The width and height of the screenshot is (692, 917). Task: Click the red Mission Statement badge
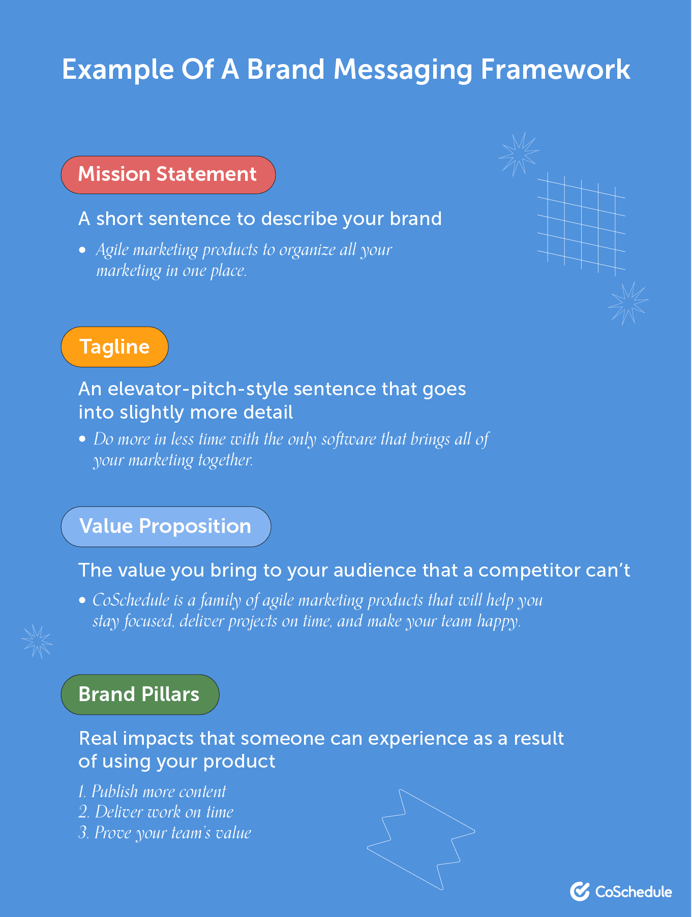click(x=168, y=175)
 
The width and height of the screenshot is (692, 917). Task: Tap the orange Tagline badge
click(x=114, y=347)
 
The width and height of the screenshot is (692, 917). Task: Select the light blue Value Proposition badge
click(x=166, y=526)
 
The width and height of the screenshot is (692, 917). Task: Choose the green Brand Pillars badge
click(x=140, y=694)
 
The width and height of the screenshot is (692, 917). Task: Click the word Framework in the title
click(x=555, y=70)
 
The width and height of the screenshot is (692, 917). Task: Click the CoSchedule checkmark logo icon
click(x=580, y=891)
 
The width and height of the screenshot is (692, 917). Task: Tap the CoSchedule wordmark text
click(x=634, y=892)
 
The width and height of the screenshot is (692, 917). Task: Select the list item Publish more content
click(x=152, y=792)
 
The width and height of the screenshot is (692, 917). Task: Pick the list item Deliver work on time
click(x=156, y=812)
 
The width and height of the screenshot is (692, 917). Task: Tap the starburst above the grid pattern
click(x=519, y=153)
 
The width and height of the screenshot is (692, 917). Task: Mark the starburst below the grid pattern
click(x=628, y=304)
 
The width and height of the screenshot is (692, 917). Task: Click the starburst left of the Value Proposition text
click(x=37, y=641)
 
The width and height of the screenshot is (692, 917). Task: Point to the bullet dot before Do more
click(x=82, y=439)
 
